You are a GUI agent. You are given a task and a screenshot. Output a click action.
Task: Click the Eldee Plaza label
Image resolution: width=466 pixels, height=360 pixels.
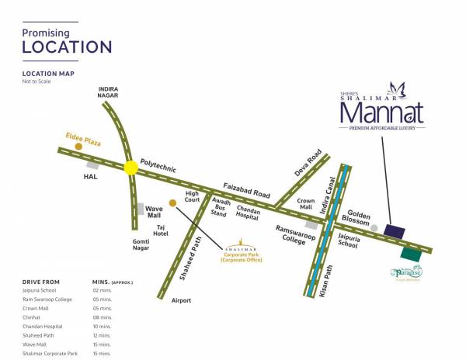[x=83, y=140]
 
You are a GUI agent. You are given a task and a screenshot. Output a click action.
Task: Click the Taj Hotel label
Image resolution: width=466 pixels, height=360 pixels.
[x=161, y=229]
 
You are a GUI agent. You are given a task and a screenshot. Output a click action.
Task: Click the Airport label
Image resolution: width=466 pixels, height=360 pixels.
[x=181, y=299]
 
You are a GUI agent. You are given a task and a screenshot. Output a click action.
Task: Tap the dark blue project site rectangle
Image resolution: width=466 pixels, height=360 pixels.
[x=395, y=230]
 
